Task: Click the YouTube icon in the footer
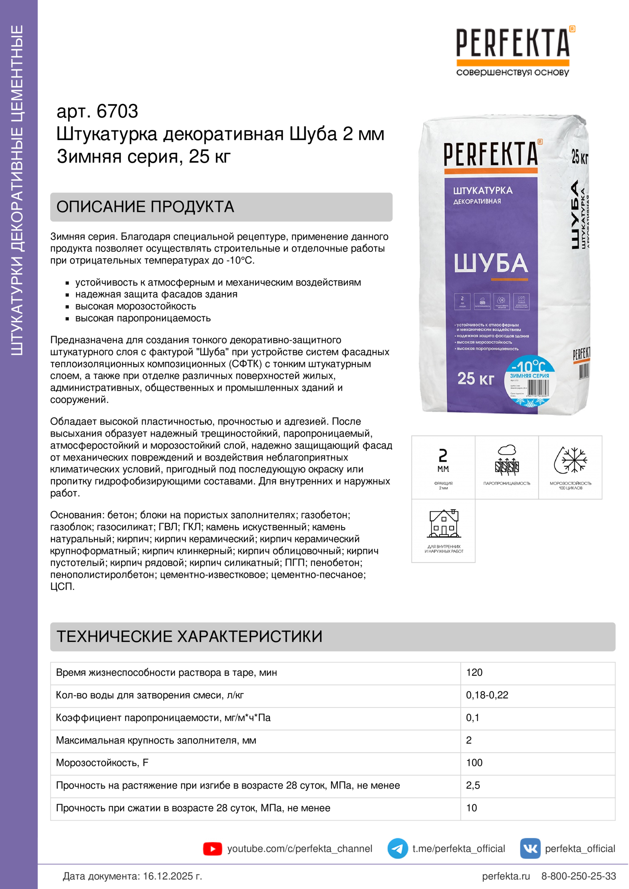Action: click(x=212, y=849)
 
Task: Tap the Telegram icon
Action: click(x=397, y=849)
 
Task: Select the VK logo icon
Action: click(x=530, y=849)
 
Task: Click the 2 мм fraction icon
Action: click(x=443, y=460)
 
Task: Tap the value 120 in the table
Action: click(x=474, y=672)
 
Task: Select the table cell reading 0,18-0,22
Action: click(x=487, y=695)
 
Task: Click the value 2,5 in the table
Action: click(x=473, y=785)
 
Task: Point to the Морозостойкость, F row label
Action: click(x=102, y=763)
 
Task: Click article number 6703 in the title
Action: click(x=117, y=111)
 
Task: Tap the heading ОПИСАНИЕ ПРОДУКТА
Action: click(x=145, y=207)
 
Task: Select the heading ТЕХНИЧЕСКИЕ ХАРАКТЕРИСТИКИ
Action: click(x=189, y=637)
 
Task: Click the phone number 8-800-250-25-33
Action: click(x=578, y=876)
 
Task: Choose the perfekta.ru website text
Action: click(x=505, y=876)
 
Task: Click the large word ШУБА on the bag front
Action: click(x=490, y=263)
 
